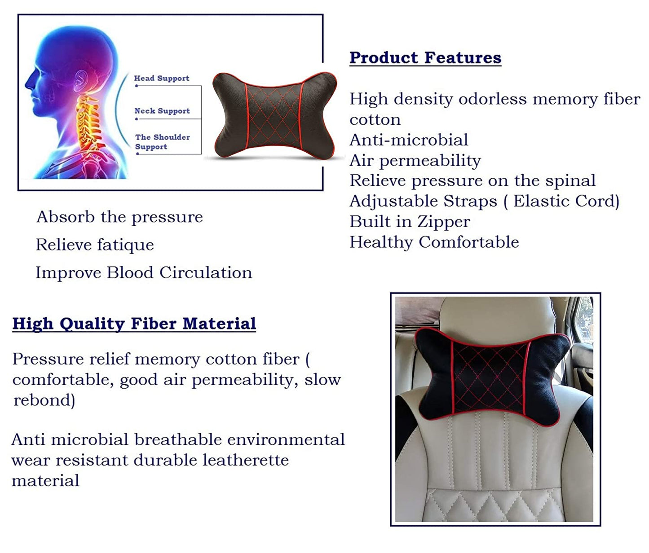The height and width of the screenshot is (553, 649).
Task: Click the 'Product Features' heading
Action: click(425, 58)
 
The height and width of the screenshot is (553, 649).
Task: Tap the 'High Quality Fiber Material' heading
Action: click(134, 324)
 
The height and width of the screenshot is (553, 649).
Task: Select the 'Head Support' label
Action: click(162, 78)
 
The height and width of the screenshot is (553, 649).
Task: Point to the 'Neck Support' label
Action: click(162, 111)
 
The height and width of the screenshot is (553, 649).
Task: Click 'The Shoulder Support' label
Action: click(162, 142)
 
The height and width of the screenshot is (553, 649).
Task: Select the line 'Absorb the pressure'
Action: click(119, 217)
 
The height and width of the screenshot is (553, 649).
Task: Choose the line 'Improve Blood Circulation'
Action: click(144, 272)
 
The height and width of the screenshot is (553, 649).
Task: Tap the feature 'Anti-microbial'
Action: click(409, 140)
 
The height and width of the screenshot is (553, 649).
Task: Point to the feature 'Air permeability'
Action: click(415, 161)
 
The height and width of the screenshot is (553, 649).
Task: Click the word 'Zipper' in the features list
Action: click(444, 222)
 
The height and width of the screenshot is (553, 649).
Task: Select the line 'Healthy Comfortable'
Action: click(434, 242)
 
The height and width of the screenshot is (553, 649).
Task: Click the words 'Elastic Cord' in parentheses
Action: click(564, 201)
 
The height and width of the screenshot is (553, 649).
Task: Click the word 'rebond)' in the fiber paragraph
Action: click(44, 400)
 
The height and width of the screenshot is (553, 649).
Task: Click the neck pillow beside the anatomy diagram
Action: click(274, 115)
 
